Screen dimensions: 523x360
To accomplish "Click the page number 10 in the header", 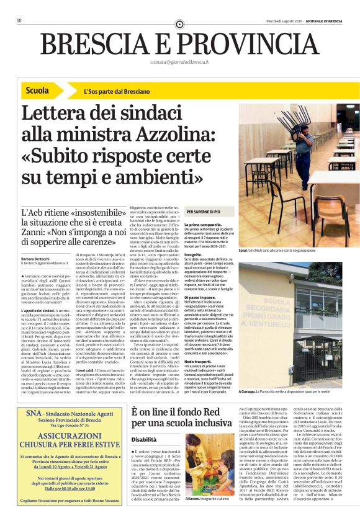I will (x=20, y=20).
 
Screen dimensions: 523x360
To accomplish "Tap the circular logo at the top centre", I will (x=179, y=24).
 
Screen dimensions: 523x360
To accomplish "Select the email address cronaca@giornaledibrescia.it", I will (x=179, y=63).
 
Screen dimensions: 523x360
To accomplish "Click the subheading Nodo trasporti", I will (x=197, y=343).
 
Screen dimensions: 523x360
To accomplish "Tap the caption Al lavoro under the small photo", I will (x=191, y=516).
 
